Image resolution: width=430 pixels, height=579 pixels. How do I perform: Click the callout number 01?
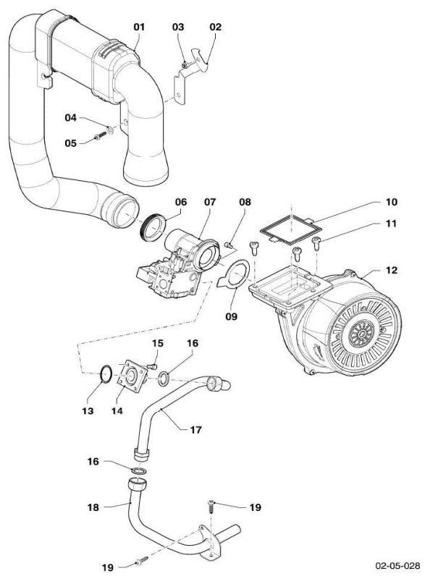(x=139, y=27)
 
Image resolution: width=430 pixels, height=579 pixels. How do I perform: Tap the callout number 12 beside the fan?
(x=392, y=270)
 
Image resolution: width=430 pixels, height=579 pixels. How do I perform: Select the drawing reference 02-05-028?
(x=397, y=565)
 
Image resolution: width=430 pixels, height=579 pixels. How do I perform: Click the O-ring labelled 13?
(x=106, y=373)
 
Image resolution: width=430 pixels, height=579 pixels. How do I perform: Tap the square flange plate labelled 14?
(x=132, y=376)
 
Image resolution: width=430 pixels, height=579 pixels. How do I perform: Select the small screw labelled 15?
(x=153, y=366)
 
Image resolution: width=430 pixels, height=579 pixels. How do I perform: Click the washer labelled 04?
(x=110, y=130)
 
